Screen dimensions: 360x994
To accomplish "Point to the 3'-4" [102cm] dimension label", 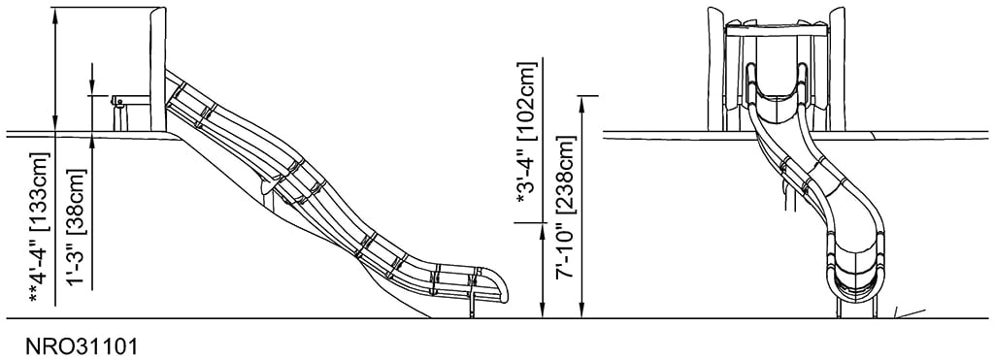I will click(x=526, y=136).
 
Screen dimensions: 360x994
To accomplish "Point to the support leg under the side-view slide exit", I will click(x=473, y=305).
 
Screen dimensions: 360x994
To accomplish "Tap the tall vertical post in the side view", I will click(x=158, y=68).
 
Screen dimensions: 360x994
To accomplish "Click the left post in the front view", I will click(x=716, y=68).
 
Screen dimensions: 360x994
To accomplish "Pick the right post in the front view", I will click(x=837, y=68).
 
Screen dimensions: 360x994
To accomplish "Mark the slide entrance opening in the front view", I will click(x=776, y=82).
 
